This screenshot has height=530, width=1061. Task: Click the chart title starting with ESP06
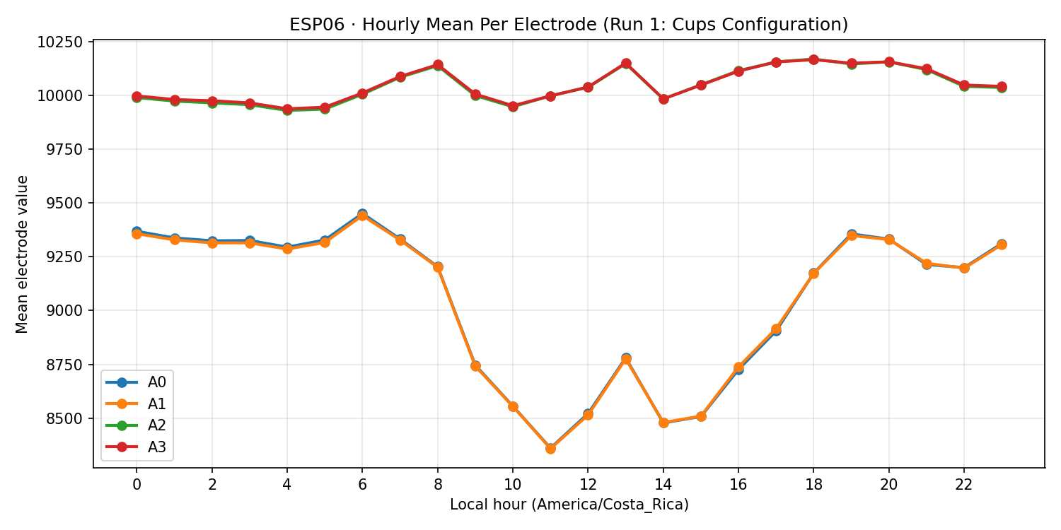tap(569, 25)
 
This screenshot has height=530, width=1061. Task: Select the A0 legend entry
tap(157, 382)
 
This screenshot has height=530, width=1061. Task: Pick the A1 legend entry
tap(157, 404)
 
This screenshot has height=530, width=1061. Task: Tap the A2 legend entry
tap(157, 425)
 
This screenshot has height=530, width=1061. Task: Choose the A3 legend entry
tap(157, 447)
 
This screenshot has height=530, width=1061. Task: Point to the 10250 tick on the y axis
tap(64, 42)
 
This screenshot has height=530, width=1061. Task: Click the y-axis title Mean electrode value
tap(23, 254)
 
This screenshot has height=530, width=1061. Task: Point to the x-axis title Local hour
tap(569, 505)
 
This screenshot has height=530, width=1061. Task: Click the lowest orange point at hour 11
tap(550, 448)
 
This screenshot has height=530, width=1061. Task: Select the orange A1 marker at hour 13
tap(625, 359)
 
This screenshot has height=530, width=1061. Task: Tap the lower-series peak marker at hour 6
tap(362, 215)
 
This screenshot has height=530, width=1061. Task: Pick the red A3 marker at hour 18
tap(813, 59)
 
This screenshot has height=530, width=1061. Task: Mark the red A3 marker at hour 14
tap(663, 99)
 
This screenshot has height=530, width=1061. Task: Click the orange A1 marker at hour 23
tap(1002, 245)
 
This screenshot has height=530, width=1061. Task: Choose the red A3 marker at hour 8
tap(437, 65)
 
